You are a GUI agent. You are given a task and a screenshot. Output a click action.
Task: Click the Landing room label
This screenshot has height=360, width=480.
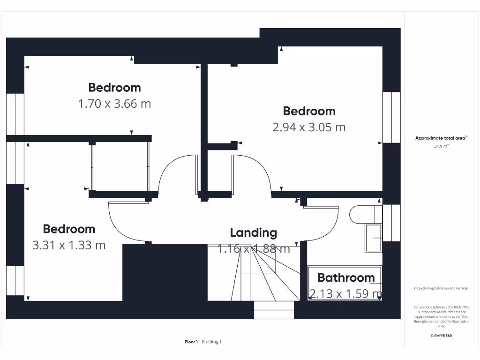[253, 232]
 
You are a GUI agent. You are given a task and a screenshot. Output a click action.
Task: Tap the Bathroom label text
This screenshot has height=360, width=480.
[346, 277]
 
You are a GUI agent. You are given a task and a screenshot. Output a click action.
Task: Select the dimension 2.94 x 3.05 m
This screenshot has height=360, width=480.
[309, 127]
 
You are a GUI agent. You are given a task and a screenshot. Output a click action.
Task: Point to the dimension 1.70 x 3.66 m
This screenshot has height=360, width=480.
[114, 104]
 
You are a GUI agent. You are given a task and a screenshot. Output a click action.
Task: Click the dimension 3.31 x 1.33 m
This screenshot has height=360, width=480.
[69, 245]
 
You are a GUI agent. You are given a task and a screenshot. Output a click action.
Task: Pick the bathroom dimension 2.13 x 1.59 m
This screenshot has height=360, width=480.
[345, 294]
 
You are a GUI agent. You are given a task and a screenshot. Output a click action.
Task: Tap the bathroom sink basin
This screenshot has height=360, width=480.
[374, 238]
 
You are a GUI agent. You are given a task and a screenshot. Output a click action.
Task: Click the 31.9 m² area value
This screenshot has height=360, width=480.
[441, 146]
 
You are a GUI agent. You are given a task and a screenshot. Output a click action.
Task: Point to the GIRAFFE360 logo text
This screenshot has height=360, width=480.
[441, 336]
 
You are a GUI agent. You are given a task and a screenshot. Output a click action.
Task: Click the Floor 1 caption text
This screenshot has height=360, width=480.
[191, 342]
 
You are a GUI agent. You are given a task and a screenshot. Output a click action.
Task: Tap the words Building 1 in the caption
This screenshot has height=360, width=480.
[211, 342]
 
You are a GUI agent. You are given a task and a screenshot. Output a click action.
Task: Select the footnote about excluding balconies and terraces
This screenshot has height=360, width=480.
[441, 288]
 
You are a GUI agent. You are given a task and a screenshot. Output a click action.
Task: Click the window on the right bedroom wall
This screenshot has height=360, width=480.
[391, 117]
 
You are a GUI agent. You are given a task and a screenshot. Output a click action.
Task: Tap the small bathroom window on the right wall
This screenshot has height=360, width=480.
[391, 223]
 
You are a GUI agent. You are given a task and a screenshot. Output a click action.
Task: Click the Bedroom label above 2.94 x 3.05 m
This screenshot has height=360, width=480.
[309, 111]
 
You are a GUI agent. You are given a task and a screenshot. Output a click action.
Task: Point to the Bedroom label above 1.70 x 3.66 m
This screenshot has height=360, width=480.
[114, 88]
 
